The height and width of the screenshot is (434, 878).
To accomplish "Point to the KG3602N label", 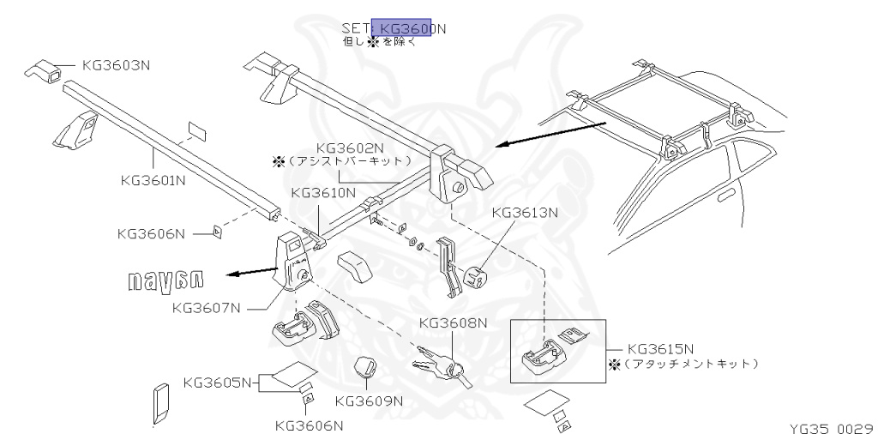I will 351,147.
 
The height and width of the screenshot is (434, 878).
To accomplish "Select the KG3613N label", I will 524,213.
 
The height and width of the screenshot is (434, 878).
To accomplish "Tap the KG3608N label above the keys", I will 453,322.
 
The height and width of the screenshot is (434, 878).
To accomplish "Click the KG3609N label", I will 369,401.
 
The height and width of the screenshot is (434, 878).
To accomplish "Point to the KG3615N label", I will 661,349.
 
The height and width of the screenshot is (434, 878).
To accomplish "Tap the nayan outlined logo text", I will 166,280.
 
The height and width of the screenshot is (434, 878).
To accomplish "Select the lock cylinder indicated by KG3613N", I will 474,275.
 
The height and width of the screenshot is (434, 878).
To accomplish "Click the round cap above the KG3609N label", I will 364,368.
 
